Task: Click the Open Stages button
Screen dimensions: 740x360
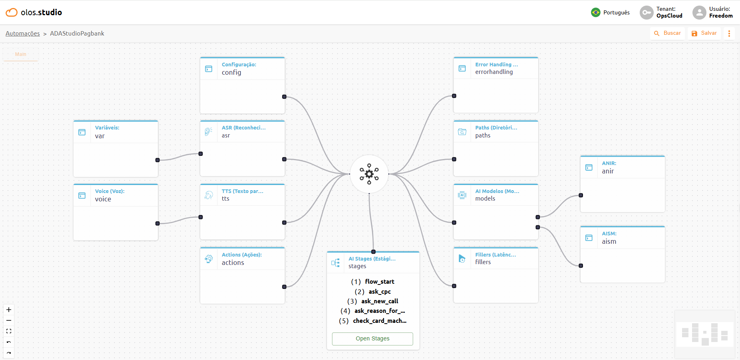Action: click(372, 338)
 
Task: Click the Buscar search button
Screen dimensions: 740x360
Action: click(667, 33)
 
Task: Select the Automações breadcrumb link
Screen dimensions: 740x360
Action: click(23, 34)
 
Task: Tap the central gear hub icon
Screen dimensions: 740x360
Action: click(369, 174)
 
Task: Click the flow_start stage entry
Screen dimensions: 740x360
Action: click(380, 282)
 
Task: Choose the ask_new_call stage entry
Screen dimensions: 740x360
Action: click(380, 301)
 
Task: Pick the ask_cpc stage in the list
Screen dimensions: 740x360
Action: click(380, 292)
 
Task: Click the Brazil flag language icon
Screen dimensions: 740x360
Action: click(596, 12)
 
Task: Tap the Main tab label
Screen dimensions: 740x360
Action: click(21, 54)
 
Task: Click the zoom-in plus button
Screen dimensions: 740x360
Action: click(9, 310)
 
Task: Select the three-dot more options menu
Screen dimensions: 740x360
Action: click(729, 34)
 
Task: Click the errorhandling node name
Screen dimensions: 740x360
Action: click(494, 72)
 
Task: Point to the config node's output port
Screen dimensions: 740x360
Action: click(284, 97)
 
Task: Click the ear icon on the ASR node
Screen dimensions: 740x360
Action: click(209, 131)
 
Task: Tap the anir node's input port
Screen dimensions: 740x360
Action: click(581, 195)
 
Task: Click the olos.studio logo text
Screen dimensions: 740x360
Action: click(42, 12)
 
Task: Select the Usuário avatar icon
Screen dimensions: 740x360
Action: click(699, 12)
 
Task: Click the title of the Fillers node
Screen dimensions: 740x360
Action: click(495, 255)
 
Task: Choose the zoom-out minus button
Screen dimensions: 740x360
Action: click(9, 320)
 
